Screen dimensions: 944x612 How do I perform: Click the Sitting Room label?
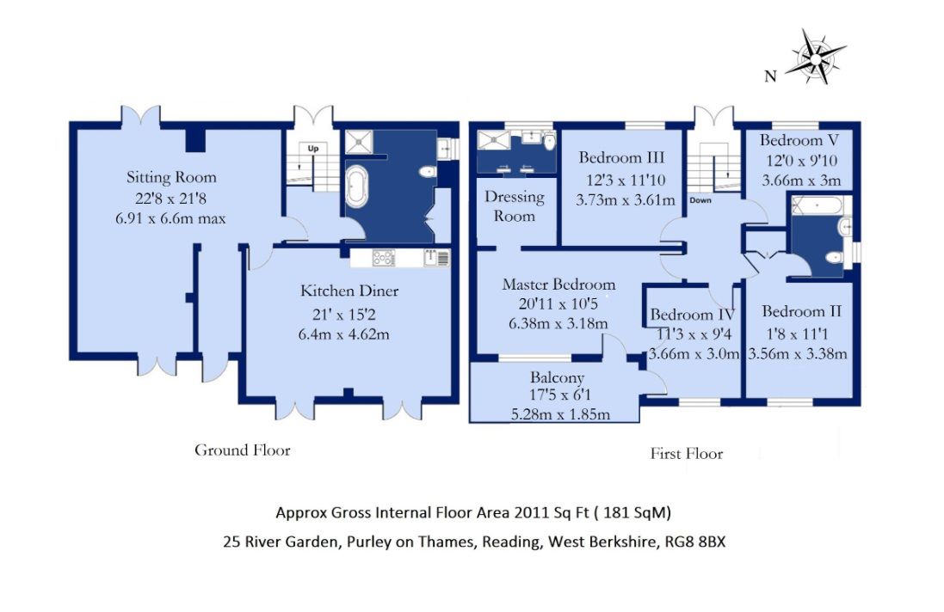(171, 177)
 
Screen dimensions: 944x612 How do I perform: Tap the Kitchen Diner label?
(349, 291)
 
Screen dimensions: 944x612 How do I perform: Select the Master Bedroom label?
(558, 285)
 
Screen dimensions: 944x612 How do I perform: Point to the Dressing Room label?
(514, 206)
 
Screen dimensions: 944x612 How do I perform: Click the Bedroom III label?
(621, 157)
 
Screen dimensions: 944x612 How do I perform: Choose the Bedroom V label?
(799, 140)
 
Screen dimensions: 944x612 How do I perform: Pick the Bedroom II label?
(801, 311)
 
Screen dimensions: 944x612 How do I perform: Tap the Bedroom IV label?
(693, 315)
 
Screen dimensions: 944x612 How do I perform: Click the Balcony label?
(557, 377)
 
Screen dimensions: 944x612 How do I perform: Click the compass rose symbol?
(816, 58)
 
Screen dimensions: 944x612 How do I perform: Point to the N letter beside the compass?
(771, 76)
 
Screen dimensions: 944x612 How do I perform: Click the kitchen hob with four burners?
(384, 258)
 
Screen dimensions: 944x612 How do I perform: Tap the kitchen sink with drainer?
(436, 258)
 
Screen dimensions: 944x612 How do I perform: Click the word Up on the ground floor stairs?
(313, 149)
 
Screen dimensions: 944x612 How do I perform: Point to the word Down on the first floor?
(700, 200)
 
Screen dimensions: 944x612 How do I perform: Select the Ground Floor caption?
(242, 450)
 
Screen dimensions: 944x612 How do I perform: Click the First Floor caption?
(687, 453)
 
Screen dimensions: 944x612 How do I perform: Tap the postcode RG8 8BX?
(694, 542)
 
